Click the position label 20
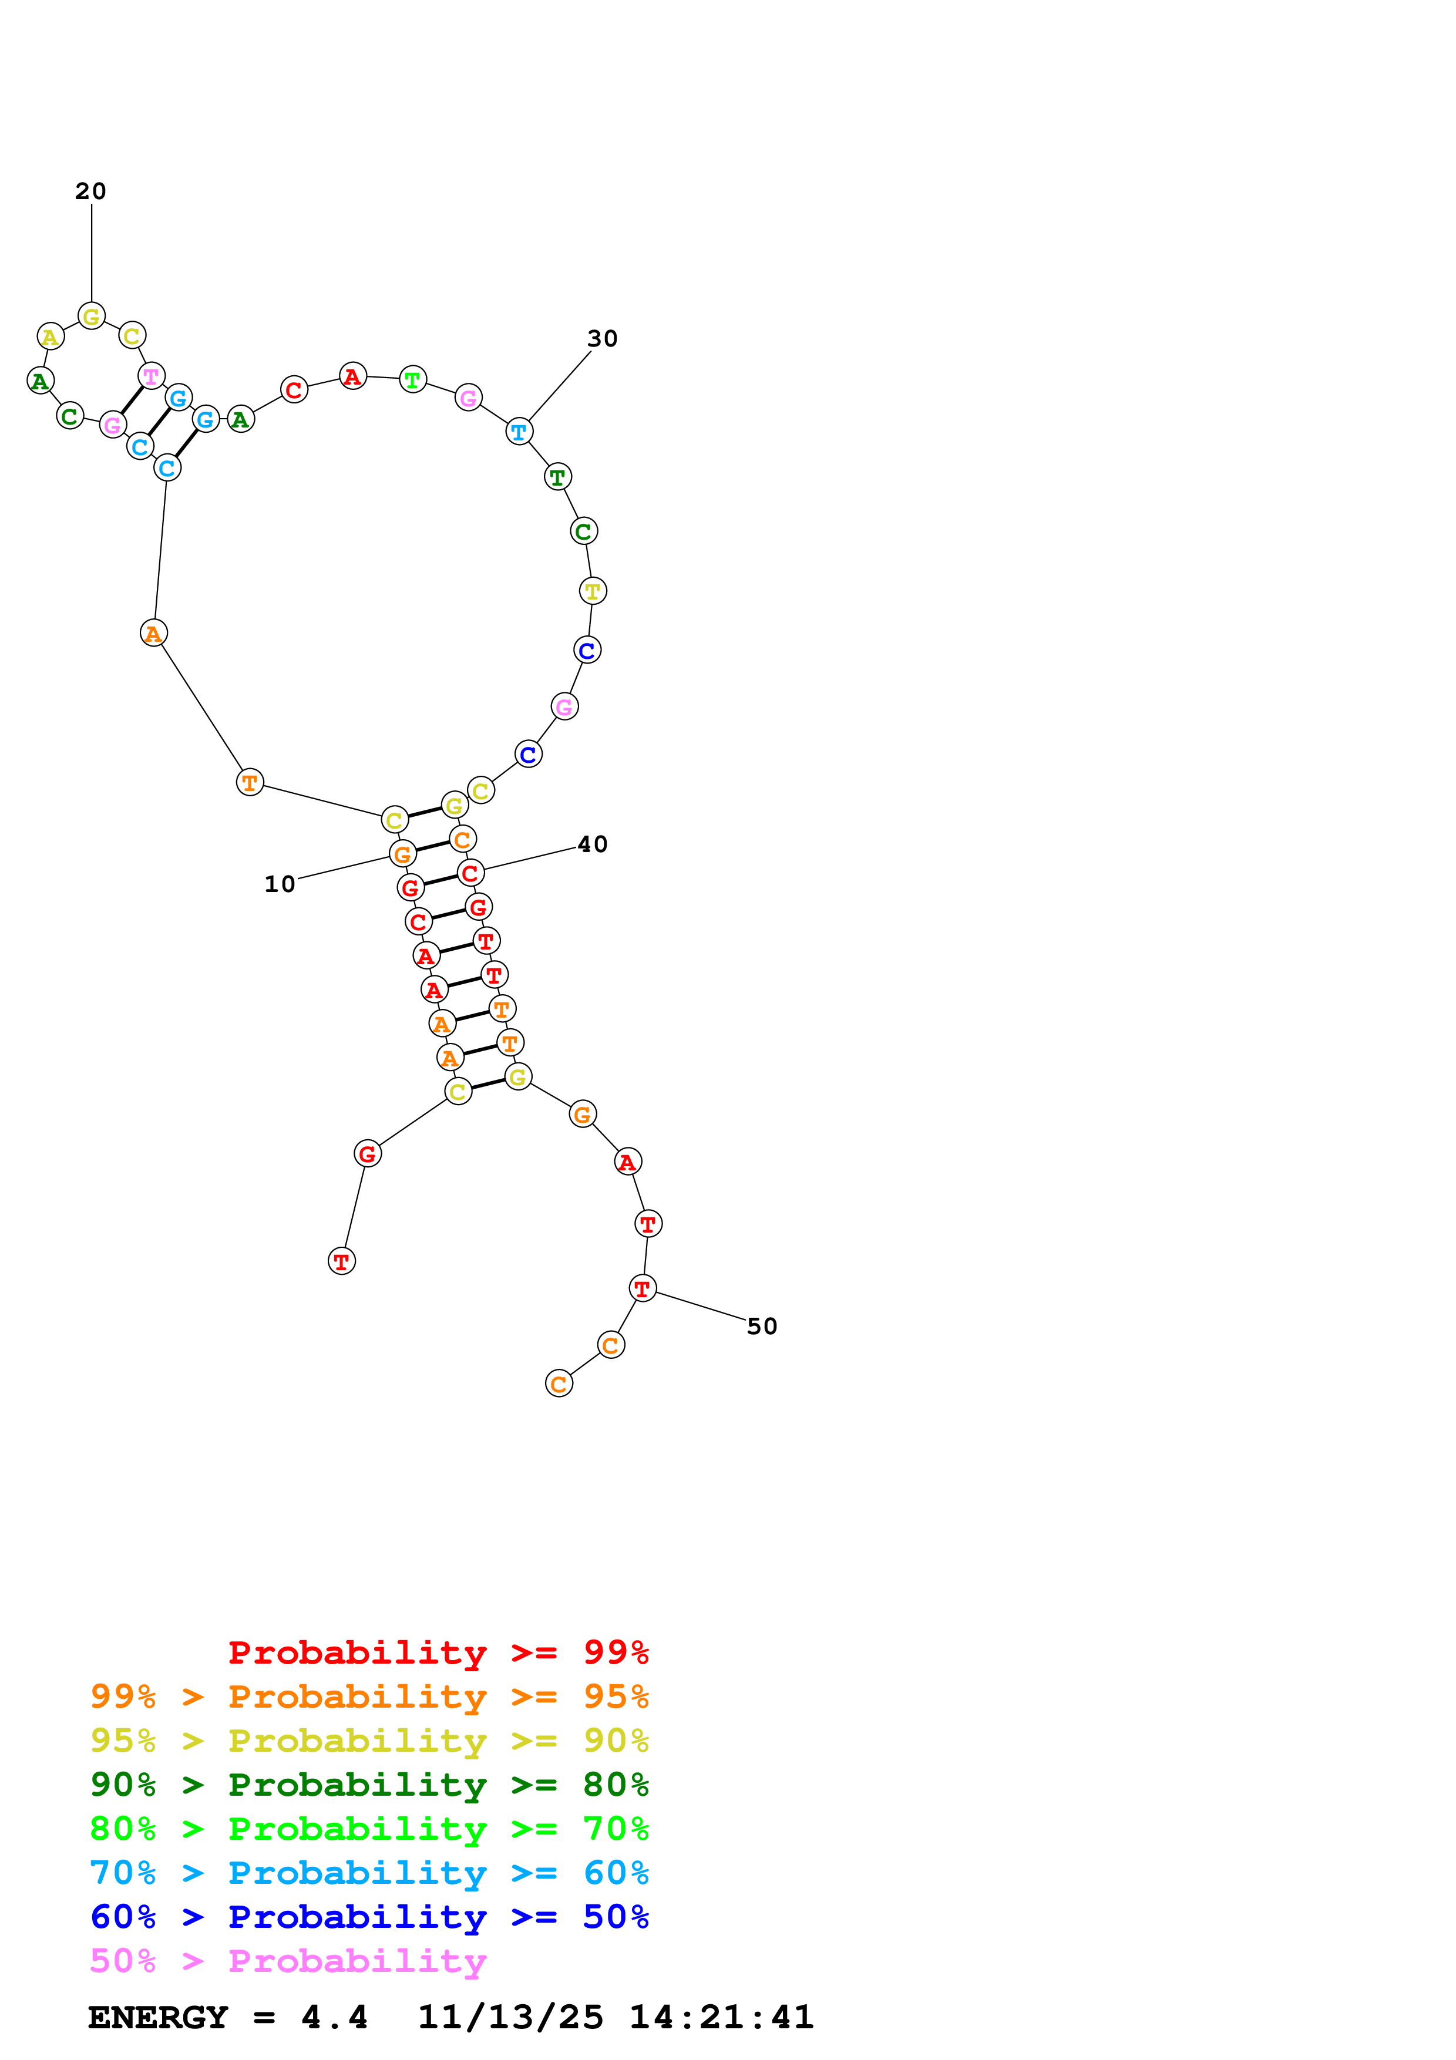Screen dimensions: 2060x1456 pos(90,191)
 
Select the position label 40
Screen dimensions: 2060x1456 pos(592,844)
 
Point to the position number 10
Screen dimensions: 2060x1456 pos(279,884)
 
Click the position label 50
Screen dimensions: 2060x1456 pos(762,1326)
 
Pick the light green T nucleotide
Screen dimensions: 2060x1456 pos(412,379)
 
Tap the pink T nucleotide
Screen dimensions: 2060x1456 pos(151,375)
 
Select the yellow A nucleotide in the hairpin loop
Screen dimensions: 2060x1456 pos(51,336)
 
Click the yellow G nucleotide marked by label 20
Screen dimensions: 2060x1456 pos(92,316)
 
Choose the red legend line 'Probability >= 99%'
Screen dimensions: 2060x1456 pos(438,1652)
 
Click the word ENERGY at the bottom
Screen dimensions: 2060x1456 pos(158,2017)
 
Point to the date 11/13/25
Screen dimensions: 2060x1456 pos(510,2017)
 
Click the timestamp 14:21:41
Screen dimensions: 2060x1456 pos(721,2017)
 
